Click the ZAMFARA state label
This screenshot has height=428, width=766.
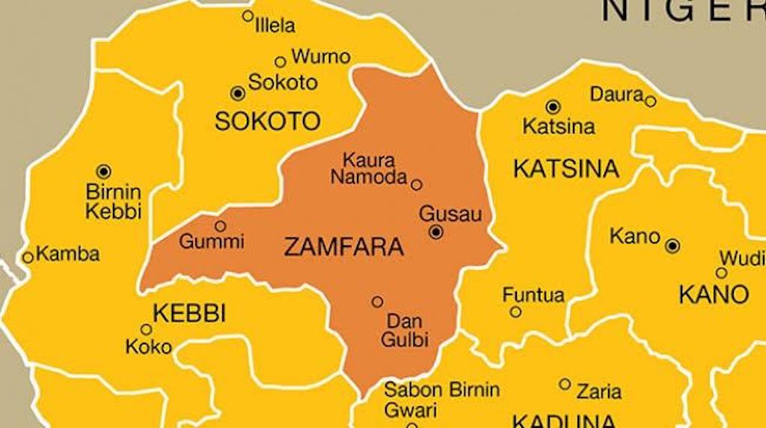pos(343,247)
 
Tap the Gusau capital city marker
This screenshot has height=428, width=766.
pos(436,233)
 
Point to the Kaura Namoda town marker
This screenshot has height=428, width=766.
pos(417,184)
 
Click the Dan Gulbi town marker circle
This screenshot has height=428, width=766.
pos(377,302)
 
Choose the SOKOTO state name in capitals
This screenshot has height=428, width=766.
pos(267,121)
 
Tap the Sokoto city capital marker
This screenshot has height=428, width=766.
pos(238,93)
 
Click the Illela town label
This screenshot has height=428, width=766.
pos(275,26)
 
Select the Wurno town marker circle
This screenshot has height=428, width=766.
pos(281,62)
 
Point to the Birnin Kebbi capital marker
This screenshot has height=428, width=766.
pos(103,172)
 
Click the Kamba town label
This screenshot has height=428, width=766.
pos(67,254)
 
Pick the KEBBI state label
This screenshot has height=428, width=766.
pos(189,313)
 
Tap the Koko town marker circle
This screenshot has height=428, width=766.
pos(147,329)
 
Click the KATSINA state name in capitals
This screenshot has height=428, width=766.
pos(566,169)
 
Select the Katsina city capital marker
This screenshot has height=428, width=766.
pos(553,107)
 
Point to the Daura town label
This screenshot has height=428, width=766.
pos(616,95)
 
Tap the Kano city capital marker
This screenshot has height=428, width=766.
pos(672,245)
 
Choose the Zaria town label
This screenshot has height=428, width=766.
pos(598,391)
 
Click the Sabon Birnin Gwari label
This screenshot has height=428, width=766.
pos(441,400)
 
